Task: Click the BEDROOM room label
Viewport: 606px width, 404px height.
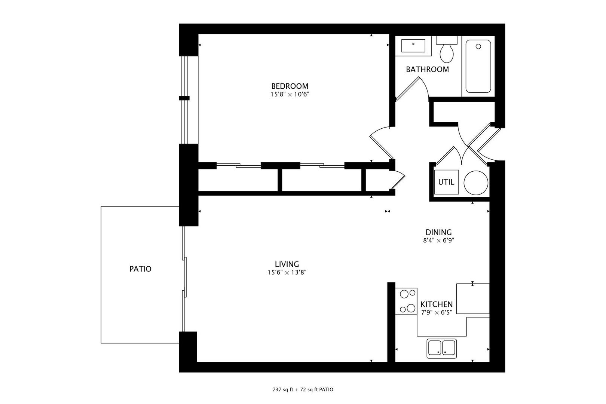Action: (290, 86)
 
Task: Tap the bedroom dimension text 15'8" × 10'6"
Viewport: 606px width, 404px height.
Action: (290, 94)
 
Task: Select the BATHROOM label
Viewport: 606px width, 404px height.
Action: (427, 69)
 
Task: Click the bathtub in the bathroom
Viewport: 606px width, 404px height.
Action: (478, 66)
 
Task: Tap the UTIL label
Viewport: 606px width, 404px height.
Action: (446, 182)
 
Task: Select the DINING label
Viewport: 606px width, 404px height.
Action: (438, 232)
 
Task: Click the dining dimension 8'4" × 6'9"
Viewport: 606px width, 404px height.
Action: (438, 241)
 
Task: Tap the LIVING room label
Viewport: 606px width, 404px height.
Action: (287, 264)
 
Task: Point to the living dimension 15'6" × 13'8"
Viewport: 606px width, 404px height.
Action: (287, 273)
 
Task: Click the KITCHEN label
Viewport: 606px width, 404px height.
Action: (437, 304)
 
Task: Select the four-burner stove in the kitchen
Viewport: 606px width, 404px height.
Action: (407, 301)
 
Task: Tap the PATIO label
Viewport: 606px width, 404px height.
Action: (140, 269)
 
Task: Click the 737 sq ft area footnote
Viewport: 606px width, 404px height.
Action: (303, 389)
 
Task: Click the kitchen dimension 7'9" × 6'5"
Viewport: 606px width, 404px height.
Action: (437, 312)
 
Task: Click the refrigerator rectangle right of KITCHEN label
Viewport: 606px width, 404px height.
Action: (473, 299)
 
